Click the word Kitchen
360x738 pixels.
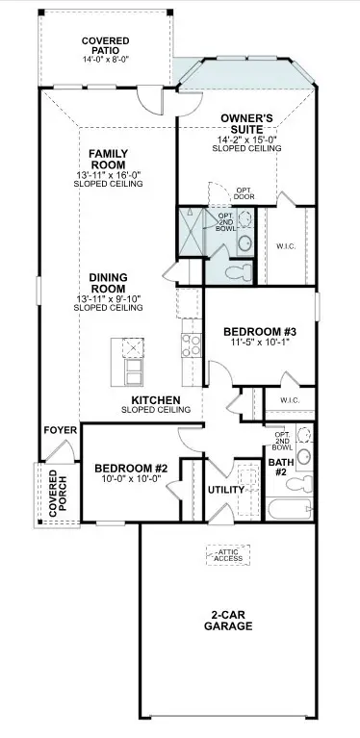pyautogui.click(x=157, y=397)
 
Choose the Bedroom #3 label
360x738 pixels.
pyautogui.click(x=260, y=330)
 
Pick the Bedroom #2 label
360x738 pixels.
pyautogui.click(x=132, y=469)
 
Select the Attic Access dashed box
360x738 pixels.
pyautogui.click(x=227, y=554)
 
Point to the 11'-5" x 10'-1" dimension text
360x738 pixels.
pyautogui.click(x=260, y=343)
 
